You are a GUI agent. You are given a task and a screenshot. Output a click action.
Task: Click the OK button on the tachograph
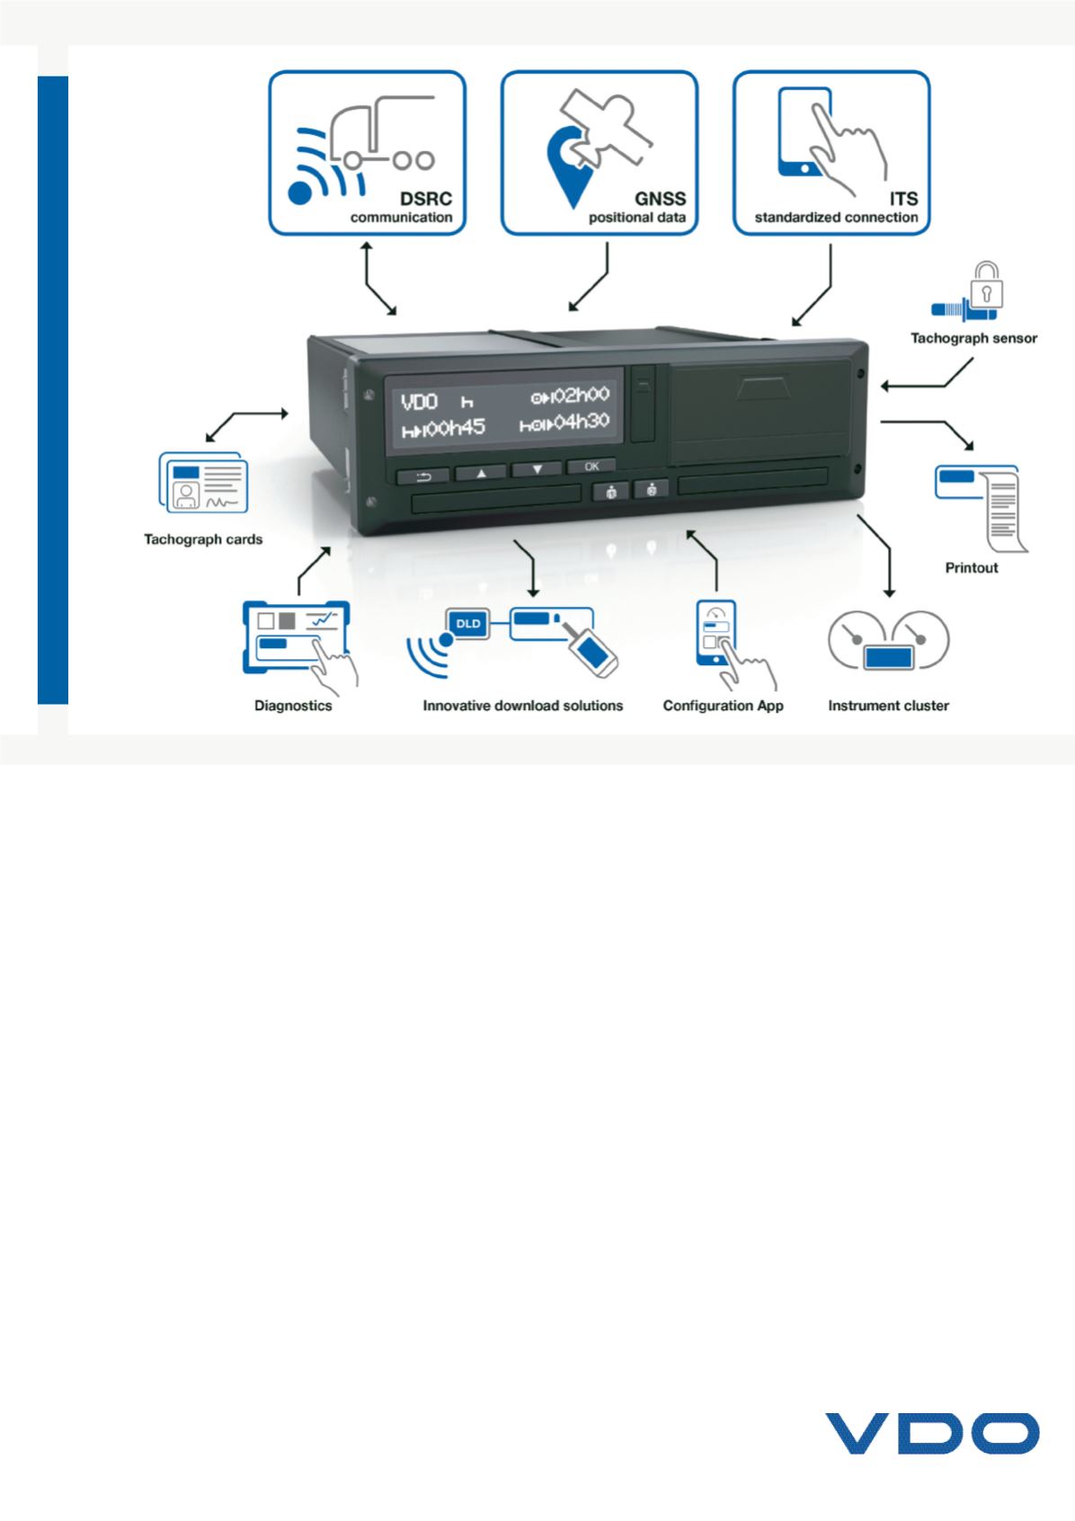pos(591,467)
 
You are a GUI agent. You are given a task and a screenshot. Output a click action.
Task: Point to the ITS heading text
pos(903,200)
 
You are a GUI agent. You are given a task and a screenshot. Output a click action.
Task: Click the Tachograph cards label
pos(203,539)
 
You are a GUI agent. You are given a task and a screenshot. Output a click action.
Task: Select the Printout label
pos(972,568)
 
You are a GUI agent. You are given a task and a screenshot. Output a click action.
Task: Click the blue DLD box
pos(468,623)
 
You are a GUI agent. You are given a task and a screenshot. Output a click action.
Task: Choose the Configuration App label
pos(723,706)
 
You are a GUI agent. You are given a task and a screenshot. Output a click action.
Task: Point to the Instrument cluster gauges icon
pos(888,640)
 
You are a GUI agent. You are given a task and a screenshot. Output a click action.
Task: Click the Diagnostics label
pos(293,706)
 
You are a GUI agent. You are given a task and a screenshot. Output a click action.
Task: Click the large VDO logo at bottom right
pos(932,1433)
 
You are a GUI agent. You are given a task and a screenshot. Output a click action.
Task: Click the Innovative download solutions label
pos(522,706)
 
